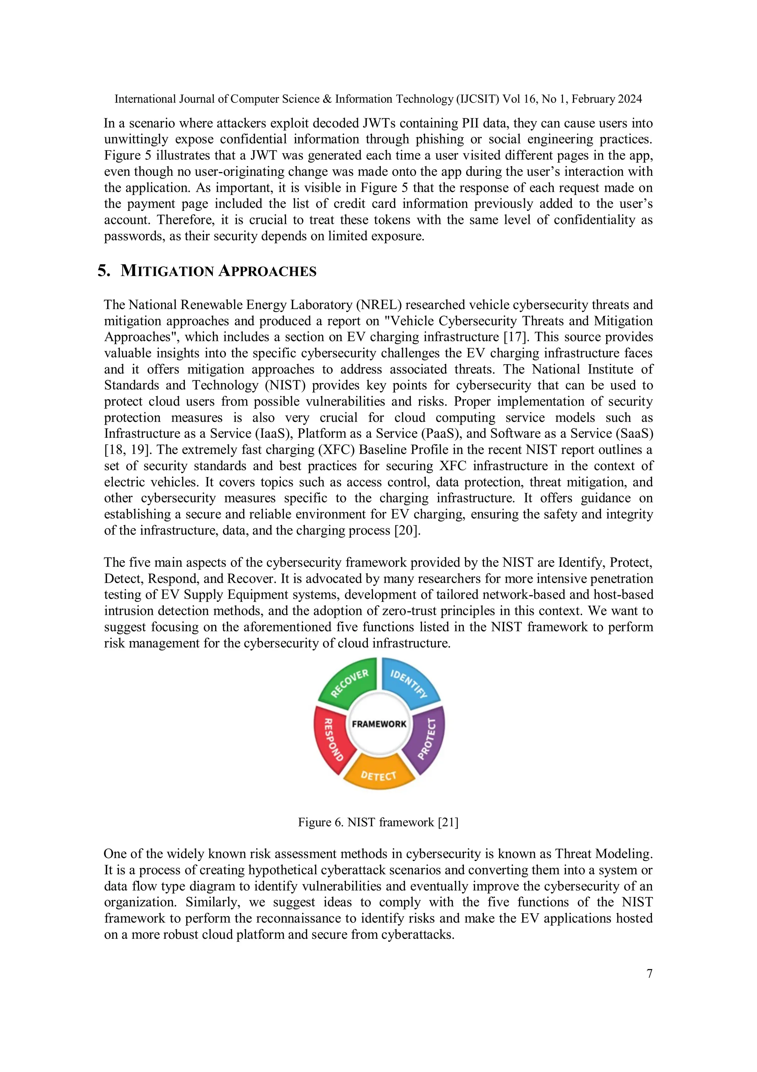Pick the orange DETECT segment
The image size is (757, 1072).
tap(379, 775)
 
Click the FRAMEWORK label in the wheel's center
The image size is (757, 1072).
tap(379, 724)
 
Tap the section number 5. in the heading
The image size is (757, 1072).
tap(103, 271)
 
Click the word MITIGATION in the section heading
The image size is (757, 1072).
tap(167, 271)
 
